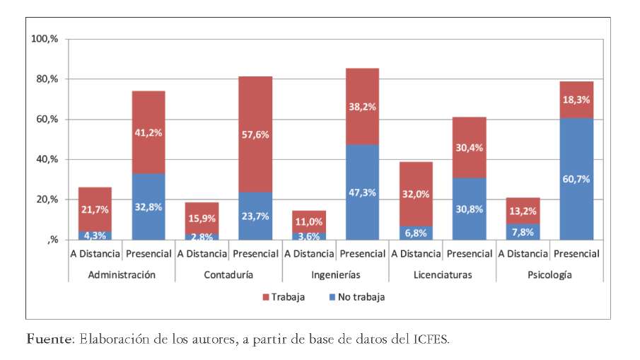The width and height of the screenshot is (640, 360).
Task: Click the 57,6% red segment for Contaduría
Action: pos(255,134)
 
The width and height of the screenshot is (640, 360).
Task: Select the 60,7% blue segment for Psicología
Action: pos(576,179)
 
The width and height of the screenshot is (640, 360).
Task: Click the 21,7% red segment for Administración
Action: pos(95,209)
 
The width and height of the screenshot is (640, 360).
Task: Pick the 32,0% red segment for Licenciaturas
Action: pos(415,194)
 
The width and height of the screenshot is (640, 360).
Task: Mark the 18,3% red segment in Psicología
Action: pos(576,100)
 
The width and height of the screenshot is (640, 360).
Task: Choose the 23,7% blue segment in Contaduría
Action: pos(255,216)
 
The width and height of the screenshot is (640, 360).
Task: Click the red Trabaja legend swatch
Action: pos(267,297)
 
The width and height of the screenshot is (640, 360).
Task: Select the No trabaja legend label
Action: pos(361,297)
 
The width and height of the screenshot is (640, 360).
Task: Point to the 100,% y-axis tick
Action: pos(45,38)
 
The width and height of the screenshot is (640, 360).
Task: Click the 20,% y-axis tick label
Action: pos(48,199)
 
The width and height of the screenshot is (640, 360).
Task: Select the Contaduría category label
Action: pos(228,274)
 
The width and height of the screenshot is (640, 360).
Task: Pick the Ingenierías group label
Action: pos(335,274)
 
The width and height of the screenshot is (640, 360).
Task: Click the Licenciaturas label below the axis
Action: pos(442,274)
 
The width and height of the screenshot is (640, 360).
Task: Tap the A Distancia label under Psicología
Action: pos(523,253)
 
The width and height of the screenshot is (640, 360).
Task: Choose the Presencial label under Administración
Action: pos(149,253)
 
